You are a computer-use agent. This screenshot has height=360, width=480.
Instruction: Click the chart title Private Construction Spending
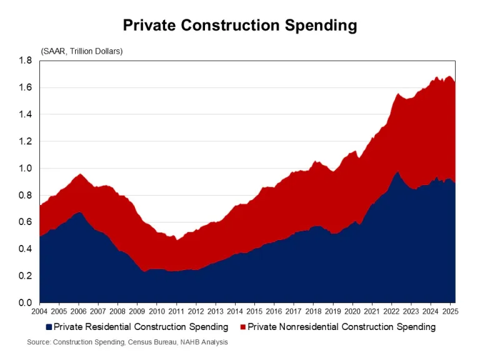click(x=239, y=25)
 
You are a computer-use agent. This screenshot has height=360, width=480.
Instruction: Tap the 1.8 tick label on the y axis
click(x=25, y=61)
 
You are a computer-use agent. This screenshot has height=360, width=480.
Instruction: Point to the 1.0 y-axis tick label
click(x=25, y=168)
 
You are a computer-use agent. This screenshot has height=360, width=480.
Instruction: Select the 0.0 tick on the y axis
click(x=25, y=302)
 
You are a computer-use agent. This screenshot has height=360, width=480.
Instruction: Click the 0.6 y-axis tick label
click(x=25, y=222)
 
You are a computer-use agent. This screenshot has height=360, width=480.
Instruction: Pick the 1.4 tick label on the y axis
click(x=25, y=114)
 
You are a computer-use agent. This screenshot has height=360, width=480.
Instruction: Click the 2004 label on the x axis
click(x=39, y=311)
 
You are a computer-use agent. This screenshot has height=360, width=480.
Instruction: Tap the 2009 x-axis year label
click(x=136, y=311)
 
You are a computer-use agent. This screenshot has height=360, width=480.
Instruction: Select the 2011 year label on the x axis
click(x=176, y=311)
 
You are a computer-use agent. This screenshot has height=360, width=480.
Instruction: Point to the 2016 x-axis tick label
click(x=273, y=311)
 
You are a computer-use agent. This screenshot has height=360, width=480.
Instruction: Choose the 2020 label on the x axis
click(x=351, y=311)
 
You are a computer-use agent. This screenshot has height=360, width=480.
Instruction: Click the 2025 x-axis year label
click(x=449, y=311)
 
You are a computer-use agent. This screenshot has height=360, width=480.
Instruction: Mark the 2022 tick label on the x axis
click(x=391, y=311)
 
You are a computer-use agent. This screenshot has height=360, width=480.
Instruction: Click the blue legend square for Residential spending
click(x=49, y=327)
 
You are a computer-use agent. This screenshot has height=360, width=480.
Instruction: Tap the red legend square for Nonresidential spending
click(x=243, y=327)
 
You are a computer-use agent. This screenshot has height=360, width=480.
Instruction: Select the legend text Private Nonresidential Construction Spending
click(x=342, y=327)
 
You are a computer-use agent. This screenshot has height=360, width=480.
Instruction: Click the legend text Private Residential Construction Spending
click(x=141, y=327)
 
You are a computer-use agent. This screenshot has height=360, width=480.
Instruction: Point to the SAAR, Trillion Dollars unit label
click(x=82, y=51)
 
